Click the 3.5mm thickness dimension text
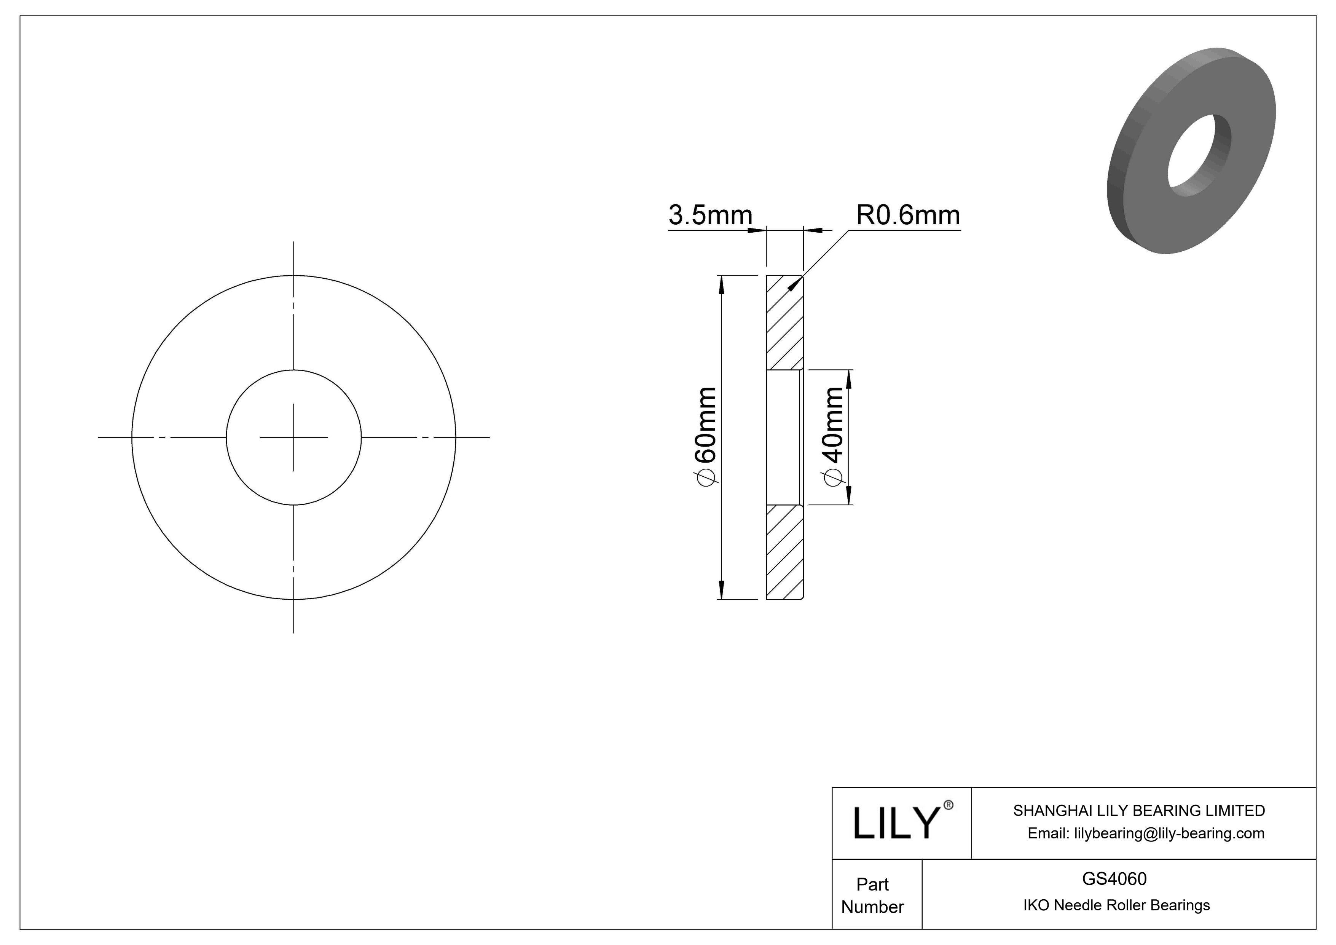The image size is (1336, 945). coord(710,215)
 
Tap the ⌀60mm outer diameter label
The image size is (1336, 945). coord(706,435)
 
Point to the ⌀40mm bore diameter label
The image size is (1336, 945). coord(833,435)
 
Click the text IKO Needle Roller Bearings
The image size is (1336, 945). coord(1116,905)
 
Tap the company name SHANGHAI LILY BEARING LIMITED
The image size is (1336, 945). coord(1139,811)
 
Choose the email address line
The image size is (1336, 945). coord(1145,833)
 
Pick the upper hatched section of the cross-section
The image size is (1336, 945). coord(784,323)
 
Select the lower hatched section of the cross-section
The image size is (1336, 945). coord(784,552)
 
